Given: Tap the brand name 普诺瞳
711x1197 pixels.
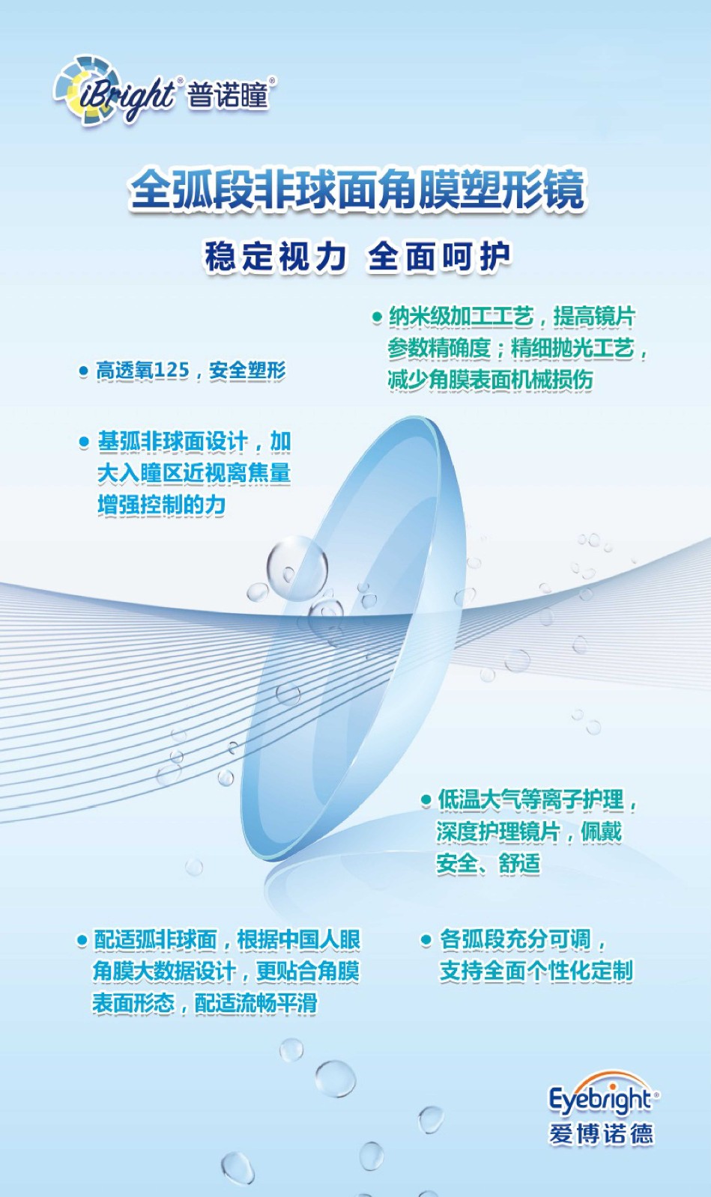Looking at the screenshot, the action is [x=227, y=96].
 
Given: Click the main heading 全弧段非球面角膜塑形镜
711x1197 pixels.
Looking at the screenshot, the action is [x=357, y=189].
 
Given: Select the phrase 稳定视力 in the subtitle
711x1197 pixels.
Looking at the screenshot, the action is [x=276, y=257].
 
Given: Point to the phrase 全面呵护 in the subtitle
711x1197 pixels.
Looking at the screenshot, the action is [x=440, y=257].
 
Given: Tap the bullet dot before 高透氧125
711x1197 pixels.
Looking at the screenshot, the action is [x=83, y=371].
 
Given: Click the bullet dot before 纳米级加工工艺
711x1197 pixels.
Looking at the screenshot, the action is [x=377, y=317].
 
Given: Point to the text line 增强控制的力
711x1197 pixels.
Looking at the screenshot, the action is [x=162, y=505].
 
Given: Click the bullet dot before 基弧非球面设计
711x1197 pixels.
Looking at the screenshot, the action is [x=84, y=442].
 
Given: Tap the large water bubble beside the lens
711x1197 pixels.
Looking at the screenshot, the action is [x=297, y=567].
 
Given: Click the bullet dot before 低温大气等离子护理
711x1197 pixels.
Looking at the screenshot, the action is [x=426, y=800].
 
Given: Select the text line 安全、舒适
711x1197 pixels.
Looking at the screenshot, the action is [x=488, y=863].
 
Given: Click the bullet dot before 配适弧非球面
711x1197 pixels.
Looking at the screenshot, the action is [x=82, y=940].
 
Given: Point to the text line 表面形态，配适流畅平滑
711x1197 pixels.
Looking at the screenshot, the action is [x=205, y=1002].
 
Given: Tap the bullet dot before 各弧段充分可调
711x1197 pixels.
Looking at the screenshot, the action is [x=426, y=940].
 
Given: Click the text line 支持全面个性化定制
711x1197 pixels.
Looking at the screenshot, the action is [x=536, y=971].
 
